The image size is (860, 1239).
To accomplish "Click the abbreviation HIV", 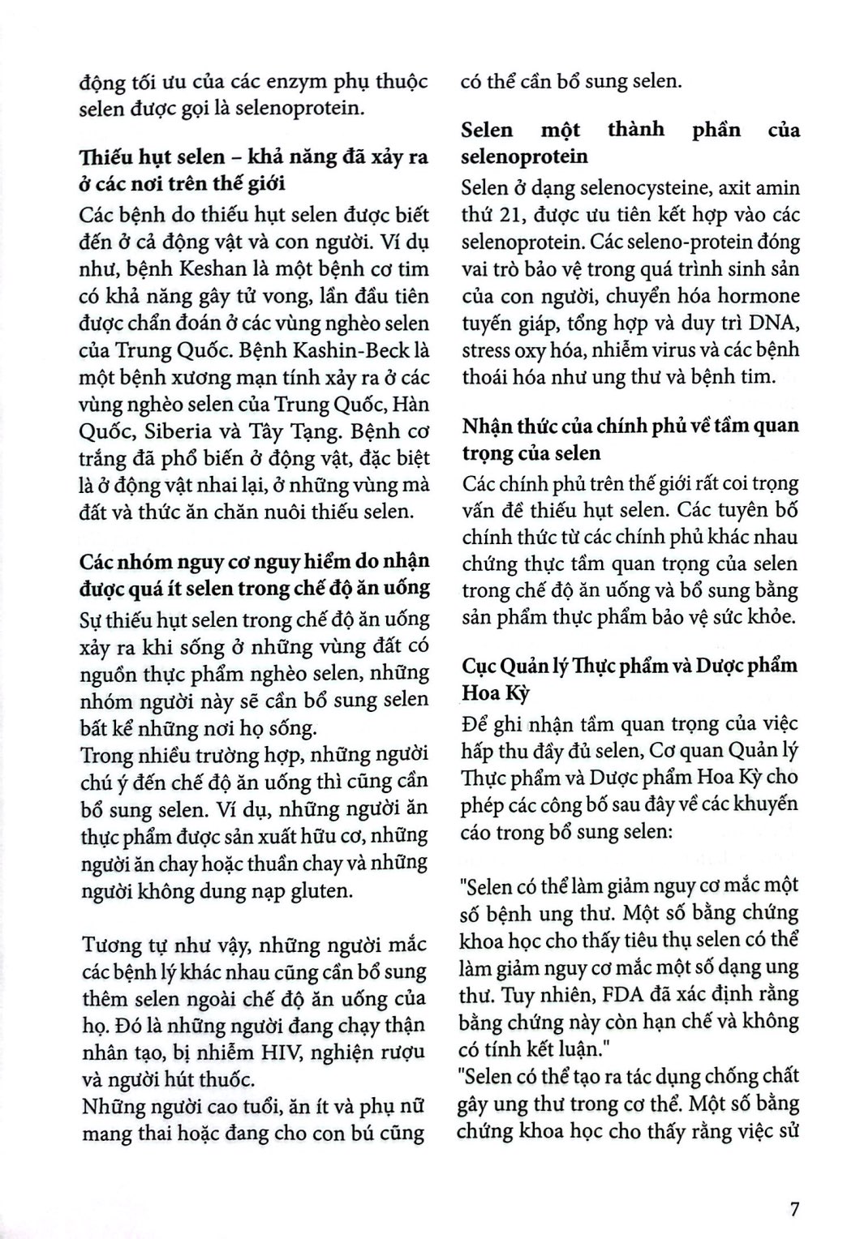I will click(239, 1052).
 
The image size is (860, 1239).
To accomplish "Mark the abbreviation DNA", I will click(773, 323).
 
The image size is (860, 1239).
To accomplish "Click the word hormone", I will click(760, 295).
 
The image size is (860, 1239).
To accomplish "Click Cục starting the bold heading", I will click(478, 665).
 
